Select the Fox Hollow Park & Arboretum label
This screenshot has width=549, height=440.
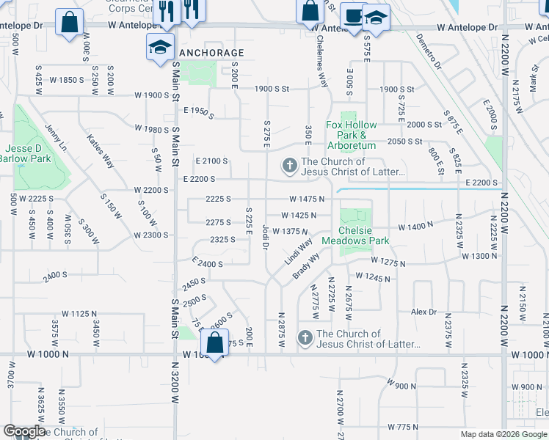point(351,135)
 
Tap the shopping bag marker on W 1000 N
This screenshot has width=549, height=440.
point(214,343)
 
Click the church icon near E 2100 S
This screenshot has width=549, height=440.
point(289,166)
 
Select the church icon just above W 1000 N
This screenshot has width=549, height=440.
point(305,338)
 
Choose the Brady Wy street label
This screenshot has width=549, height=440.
point(307,265)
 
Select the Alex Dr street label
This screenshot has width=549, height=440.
point(423,312)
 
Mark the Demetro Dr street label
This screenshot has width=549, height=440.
point(428,50)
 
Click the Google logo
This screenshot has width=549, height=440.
point(24,431)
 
